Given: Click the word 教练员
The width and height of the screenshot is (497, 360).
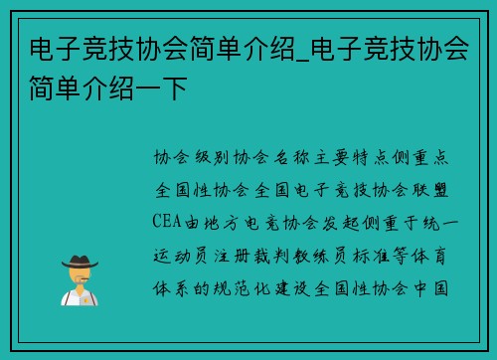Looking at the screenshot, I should coord(340,256).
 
